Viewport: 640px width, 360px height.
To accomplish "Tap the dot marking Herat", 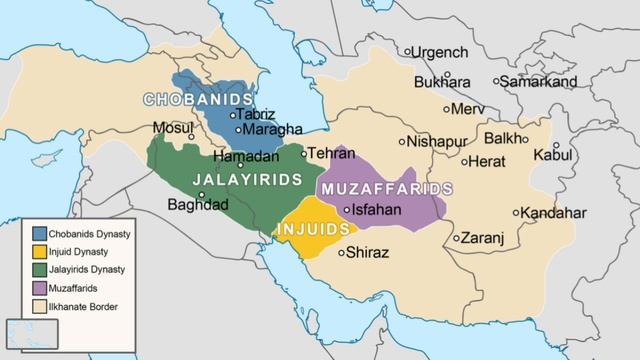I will [465, 161].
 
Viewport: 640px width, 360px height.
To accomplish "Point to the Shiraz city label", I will [368, 252].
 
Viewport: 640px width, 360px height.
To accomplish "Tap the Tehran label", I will [331, 154].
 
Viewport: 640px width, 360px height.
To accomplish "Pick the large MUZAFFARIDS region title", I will [385, 188].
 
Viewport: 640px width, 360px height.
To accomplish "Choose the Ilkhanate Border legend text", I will [83, 305].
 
